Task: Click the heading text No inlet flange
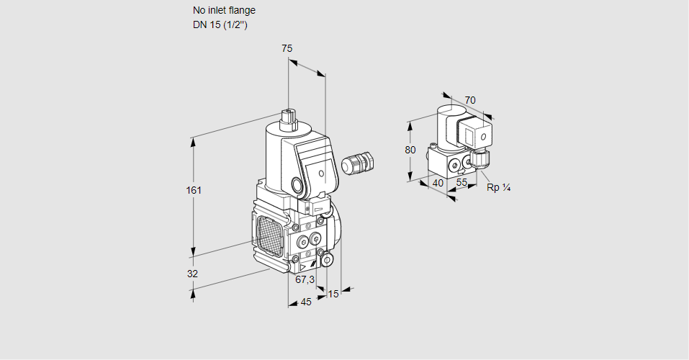coord(223,11)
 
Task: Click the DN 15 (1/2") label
coord(220,25)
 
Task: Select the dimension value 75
coord(287,48)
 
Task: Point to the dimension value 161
coord(194,191)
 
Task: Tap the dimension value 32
coord(192,274)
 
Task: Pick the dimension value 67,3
coord(305,279)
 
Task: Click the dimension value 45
coord(306,302)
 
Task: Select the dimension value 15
coord(333,294)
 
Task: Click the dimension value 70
coord(470,100)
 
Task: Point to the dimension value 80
coord(410,150)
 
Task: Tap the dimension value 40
coord(438,183)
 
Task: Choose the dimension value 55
coord(462,183)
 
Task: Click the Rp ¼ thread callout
coord(498,188)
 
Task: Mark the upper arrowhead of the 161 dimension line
coord(193,141)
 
